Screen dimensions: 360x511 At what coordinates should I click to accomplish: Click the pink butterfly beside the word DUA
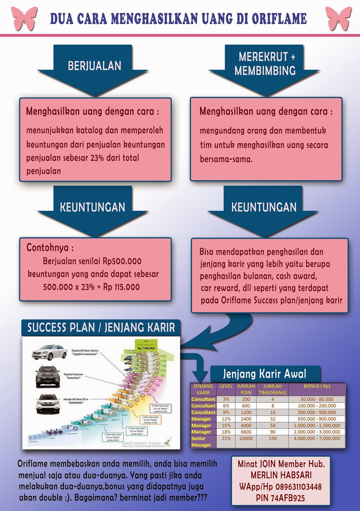[x=24, y=18]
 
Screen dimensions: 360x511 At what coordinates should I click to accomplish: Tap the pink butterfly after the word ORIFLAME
[x=338, y=18]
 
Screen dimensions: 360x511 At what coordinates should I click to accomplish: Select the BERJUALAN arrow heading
[x=94, y=66]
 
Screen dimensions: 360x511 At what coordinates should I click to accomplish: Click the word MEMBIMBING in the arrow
[x=265, y=71]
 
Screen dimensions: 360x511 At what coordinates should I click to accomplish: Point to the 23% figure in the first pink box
[x=97, y=158]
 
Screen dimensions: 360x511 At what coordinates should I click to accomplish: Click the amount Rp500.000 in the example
[x=122, y=261]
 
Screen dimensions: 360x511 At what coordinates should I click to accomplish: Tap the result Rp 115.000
[x=121, y=287]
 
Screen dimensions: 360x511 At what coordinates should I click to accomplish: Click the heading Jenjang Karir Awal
[x=264, y=374]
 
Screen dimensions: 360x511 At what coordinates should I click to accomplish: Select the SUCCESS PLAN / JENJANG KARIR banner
[x=101, y=328]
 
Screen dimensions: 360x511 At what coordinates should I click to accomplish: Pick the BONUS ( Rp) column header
[x=317, y=386]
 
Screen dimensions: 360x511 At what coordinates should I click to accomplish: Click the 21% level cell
[x=226, y=439]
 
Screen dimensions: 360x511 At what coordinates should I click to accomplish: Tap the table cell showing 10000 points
[x=246, y=439]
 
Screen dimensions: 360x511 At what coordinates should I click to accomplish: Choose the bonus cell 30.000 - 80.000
[x=317, y=399]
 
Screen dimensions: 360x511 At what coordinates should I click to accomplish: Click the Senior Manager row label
[x=201, y=442]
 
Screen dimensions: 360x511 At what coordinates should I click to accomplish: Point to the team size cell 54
[x=272, y=425]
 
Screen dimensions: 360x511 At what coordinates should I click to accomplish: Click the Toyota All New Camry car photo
[x=50, y=352]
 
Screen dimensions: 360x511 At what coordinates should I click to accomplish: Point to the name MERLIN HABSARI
[x=281, y=475]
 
